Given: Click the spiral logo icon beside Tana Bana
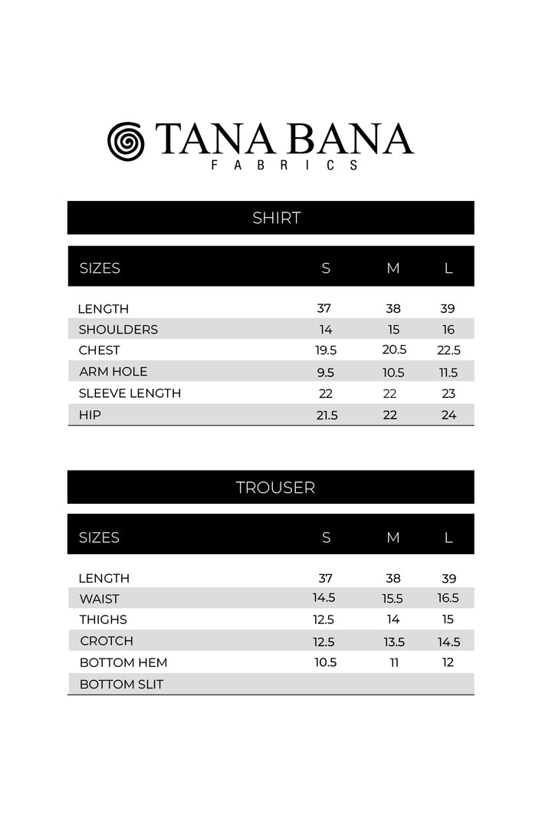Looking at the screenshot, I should tap(127, 141).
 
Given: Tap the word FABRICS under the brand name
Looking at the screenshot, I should tap(284, 165).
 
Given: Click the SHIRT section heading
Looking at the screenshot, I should tap(276, 218).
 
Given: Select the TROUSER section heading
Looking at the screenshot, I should tap(275, 488).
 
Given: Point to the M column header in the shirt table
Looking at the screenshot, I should tap(393, 268).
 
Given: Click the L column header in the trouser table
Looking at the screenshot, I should tap(449, 537).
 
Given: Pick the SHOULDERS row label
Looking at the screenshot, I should tap(118, 330).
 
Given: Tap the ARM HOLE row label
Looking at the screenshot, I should tap(113, 371).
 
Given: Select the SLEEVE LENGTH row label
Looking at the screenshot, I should tap(130, 393).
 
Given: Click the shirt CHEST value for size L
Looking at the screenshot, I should tap(449, 350).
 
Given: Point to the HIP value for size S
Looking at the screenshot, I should tap(326, 415).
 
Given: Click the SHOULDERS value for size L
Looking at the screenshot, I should tap(449, 330).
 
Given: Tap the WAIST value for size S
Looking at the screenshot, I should tap(324, 598).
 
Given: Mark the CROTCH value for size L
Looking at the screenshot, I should tap(449, 642).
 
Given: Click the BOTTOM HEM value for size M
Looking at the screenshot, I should tap(393, 662).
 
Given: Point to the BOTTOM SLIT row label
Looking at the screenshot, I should tap(121, 684).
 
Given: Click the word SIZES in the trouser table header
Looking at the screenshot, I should tap(100, 537).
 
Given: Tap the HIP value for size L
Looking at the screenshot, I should tap(449, 415).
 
